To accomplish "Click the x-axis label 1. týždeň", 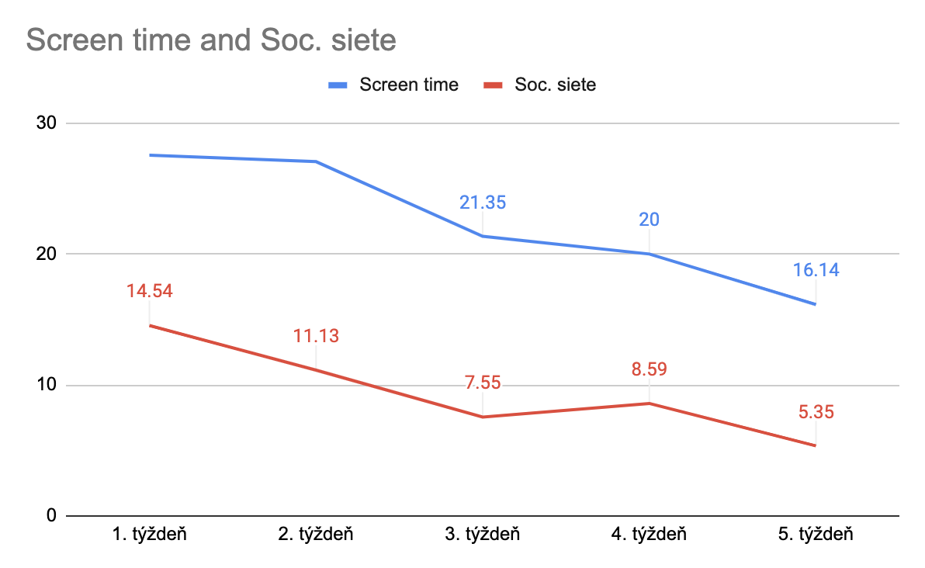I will [x=149, y=535].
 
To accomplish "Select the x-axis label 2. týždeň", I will [x=316, y=535].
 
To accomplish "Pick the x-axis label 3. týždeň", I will [x=482, y=535].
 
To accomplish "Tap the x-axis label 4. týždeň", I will [x=649, y=535].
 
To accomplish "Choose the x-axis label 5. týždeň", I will [x=815, y=535].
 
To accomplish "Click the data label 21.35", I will [x=482, y=203].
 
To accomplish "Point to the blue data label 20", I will [x=649, y=220].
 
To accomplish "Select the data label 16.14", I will [x=816, y=271].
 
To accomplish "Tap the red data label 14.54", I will [x=149, y=293].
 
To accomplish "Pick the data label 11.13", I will [x=316, y=337].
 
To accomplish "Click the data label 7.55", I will [x=482, y=384].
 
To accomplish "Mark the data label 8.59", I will [x=649, y=369].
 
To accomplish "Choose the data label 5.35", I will [x=816, y=413].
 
